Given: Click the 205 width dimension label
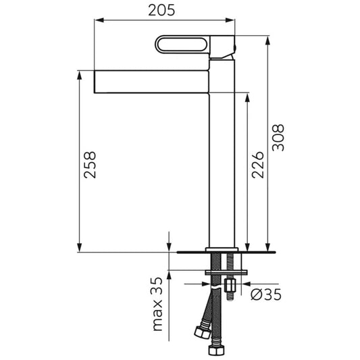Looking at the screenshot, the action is tap(161, 10).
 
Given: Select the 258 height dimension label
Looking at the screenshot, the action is tap(90, 165).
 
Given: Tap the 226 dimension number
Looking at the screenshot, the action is tap(257, 165).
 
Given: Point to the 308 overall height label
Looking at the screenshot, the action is tap(278, 138).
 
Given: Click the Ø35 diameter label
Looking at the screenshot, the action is tap(266, 294).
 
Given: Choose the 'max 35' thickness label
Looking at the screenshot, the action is tap(157, 304).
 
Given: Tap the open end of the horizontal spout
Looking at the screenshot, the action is tap(95, 82).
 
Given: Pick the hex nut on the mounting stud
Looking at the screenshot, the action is tap(230, 286).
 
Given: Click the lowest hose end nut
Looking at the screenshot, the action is tap(216, 350).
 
